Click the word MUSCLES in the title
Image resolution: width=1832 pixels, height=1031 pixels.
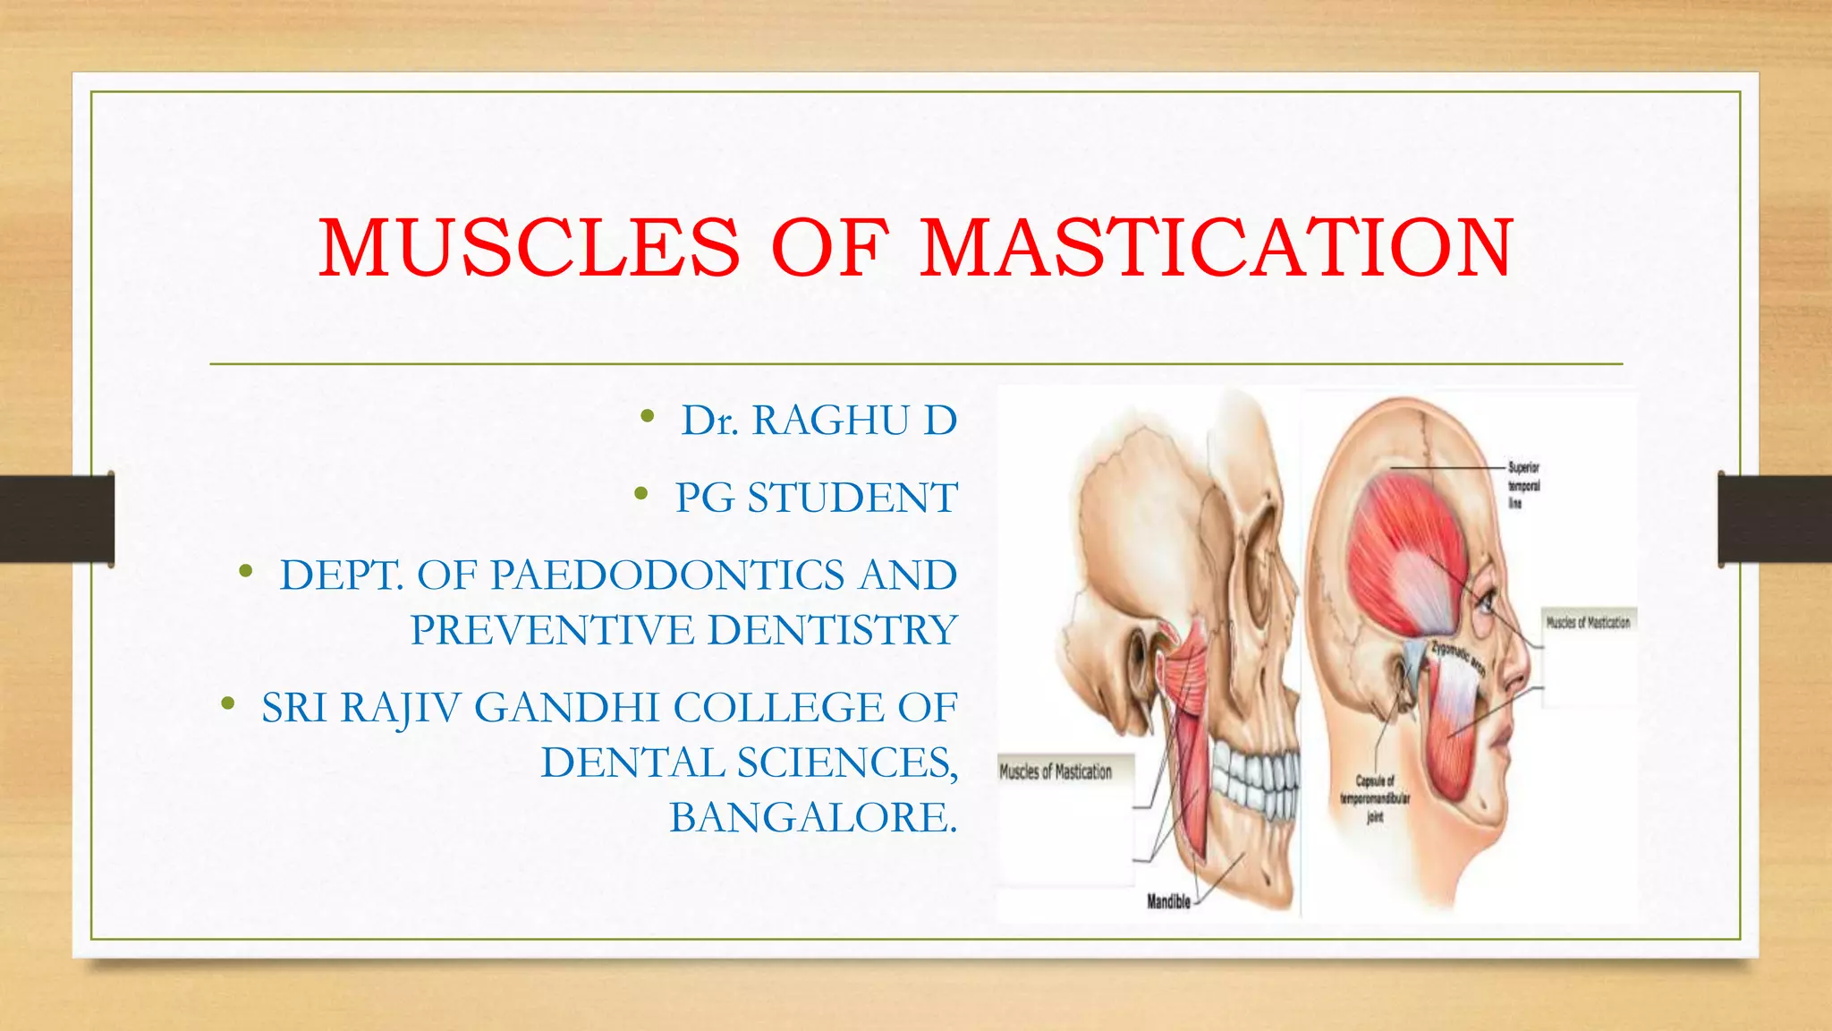pyautogui.click(x=530, y=248)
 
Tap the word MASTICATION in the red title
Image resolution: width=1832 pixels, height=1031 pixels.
pyautogui.click(x=1217, y=248)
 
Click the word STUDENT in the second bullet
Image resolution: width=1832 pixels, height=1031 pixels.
pyautogui.click(x=852, y=498)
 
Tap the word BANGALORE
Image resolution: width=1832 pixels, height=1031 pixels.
pyautogui.click(x=812, y=818)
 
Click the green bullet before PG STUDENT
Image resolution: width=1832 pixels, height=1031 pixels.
pyautogui.click(x=640, y=494)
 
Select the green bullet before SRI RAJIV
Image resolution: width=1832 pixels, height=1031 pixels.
pyautogui.click(x=228, y=704)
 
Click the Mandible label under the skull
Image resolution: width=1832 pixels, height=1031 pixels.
pyautogui.click(x=1168, y=902)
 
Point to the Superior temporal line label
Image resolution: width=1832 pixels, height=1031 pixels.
pyautogui.click(x=1523, y=485)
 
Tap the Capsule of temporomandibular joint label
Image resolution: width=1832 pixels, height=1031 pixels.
pyautogui.click(x=1374, y=798)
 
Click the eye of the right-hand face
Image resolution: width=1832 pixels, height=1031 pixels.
pyautogui.click(x=1485, y=601)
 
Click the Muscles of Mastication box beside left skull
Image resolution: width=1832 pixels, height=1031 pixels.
pyautogui.click(x=1056, y=771)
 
